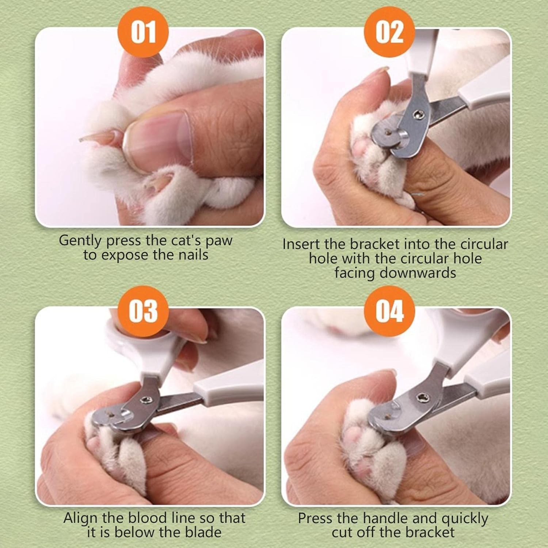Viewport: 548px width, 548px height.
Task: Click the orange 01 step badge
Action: (x=143, y=32)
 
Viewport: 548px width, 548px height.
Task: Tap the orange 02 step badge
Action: (x=389, y=32)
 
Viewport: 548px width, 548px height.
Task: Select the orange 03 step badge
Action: (x=143, y=311)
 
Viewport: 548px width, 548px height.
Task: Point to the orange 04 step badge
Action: (x=389, y=311)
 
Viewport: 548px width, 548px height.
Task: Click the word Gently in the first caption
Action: (x=80, y=241)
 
